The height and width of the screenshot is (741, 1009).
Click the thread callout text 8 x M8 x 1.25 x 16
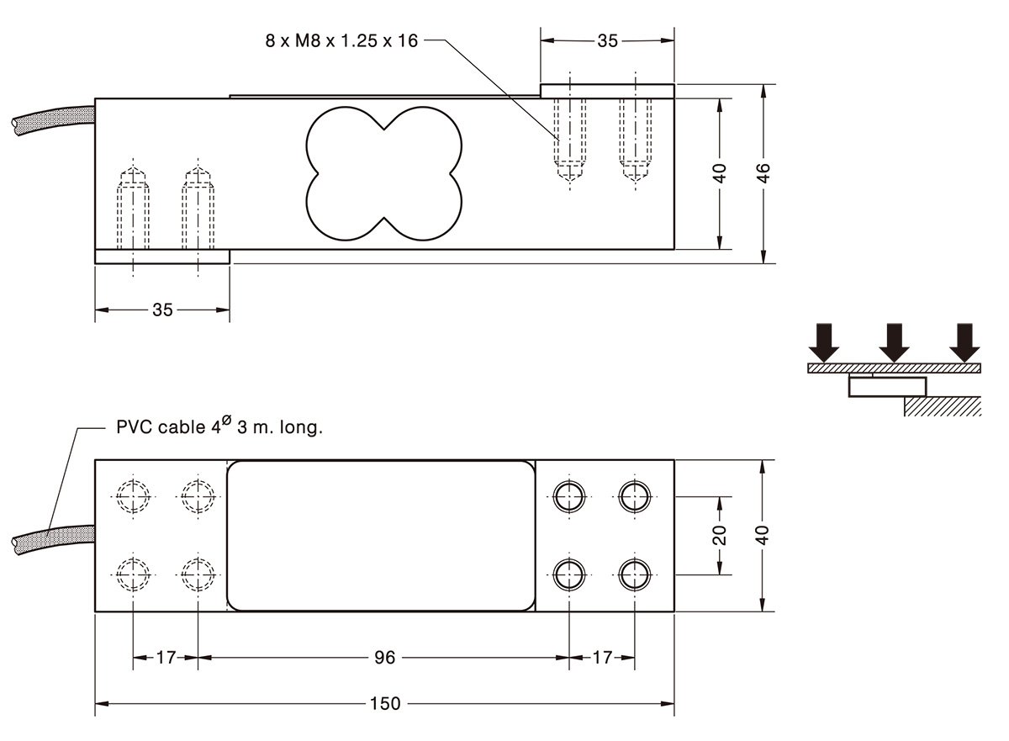point(341,41)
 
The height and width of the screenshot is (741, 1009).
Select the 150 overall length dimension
point(385,704)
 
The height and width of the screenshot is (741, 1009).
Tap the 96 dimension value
point(385,658)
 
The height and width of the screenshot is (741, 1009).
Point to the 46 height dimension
point(763,173)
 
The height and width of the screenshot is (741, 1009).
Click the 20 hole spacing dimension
point(720,536)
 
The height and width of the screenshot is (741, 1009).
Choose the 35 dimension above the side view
point(607,41)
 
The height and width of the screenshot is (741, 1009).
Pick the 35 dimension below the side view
point(162,310)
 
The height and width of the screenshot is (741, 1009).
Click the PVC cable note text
point(219,426)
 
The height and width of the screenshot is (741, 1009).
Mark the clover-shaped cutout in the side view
point(383,173)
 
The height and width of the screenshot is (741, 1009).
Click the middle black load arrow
point(894,342)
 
